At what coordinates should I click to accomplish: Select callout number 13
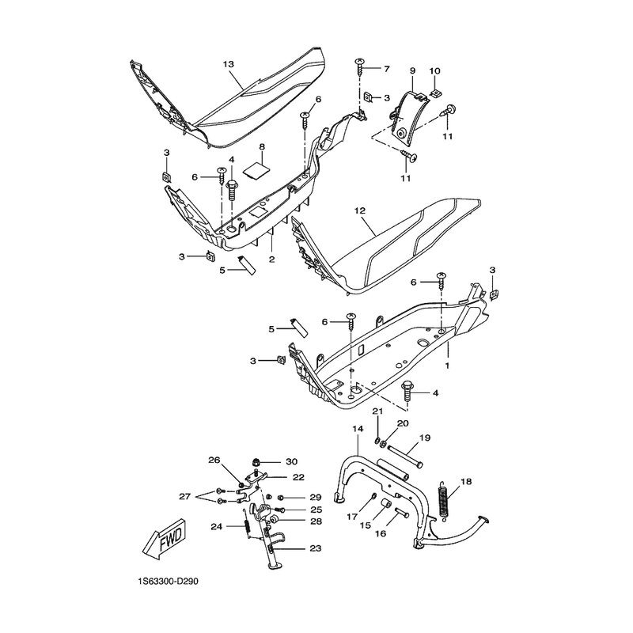click(x=228, y=64)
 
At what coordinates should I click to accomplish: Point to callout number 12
click(x=360, y=210)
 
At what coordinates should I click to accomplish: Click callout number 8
click(x=262, y=146)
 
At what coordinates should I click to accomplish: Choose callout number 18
click(x=465, y=482)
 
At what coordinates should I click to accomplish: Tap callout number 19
click(x=425, y=438)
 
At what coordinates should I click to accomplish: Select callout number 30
click(x=291, y=461)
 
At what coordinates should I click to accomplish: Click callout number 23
click(x=316, y=548)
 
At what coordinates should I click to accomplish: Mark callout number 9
click(x=412, y=70)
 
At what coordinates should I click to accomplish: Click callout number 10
click(x=434, y=70)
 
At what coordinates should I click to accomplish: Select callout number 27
click(x=185, y=497)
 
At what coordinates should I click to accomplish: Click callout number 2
click(x=271, y=260)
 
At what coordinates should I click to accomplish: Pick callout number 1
click(x=447, y=365)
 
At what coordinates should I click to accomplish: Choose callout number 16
click(x=381, y=533)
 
